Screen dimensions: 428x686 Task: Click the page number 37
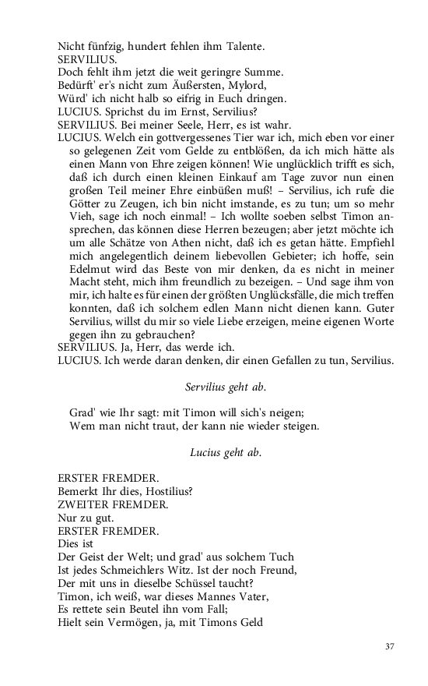coord(391,646)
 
